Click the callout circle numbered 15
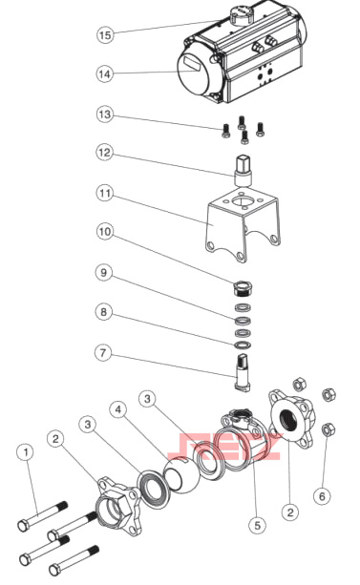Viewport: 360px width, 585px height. (x=105, y=34)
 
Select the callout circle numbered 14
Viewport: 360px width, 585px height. (x=105, y=73)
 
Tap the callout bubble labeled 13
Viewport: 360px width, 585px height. (x=105, y=115)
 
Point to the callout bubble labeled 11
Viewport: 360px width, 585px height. (x=105, y=194)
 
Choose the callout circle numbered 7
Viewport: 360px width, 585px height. (x=103, y=352)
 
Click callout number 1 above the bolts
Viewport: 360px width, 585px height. (x=26, y=452)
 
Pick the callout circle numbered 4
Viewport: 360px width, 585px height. (x=118, y=409)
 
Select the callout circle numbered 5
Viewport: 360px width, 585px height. (x=257, y=525)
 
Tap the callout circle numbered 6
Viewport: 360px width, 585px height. (x=322, y=496)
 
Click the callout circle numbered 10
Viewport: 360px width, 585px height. (x=105, y=232)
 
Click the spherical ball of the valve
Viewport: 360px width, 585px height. (x=182, y=475)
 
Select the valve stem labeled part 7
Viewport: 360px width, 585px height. (x=242, y=372)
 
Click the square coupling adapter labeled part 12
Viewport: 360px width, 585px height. (x=244, y=171)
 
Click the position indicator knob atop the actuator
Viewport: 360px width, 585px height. (x=241, y=15)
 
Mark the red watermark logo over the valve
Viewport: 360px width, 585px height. (x=224, y=447)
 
